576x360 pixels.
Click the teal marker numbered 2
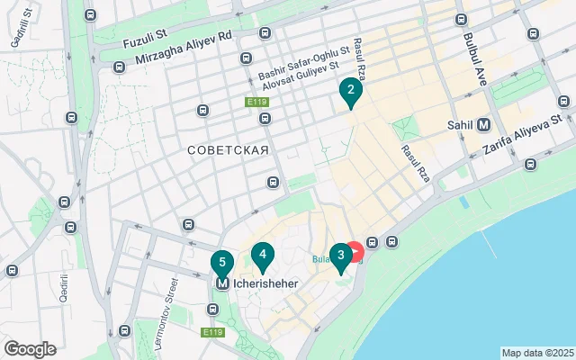pyautogui.click(x=350, y=91)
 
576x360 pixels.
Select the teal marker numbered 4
pyautogui.click(x=262, y=256)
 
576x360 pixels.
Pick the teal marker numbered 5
pyautogui.click(x=221, y=263)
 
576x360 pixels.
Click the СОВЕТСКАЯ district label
pyautogui.click(x=229, y=149)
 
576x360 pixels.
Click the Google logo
pyautogui.click(x=30, y=349)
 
